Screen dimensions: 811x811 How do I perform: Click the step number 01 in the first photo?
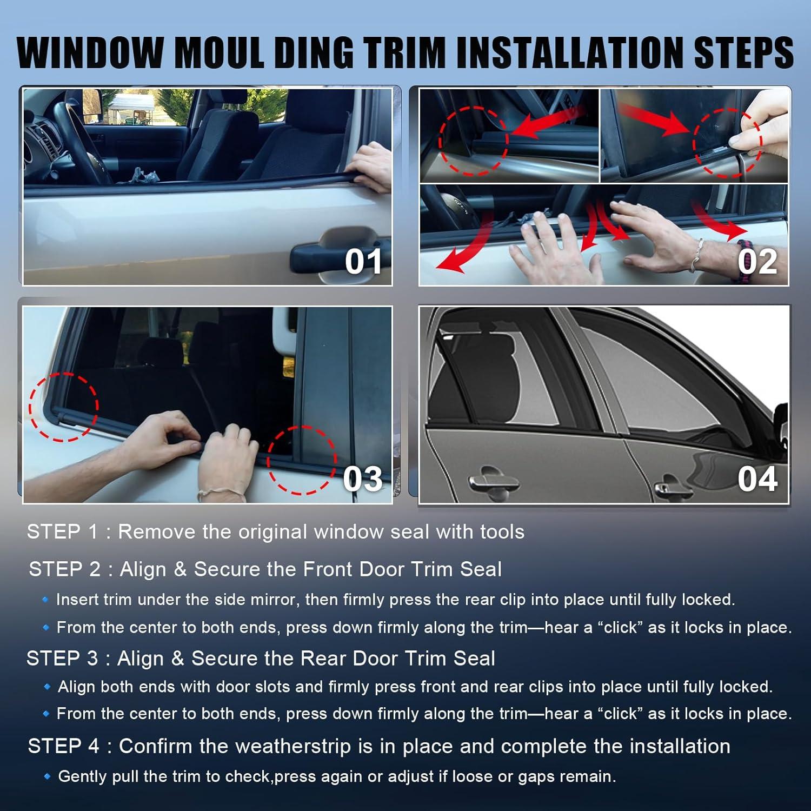tap(363, 262)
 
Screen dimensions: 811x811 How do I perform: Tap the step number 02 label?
tap(757, 262)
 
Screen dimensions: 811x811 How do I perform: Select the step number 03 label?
tap(362, 479)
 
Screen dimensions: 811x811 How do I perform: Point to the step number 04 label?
tap(757, 479)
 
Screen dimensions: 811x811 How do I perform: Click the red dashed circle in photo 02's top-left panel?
tap(473, 141)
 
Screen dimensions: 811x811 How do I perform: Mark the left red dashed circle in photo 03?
tap(64, 407)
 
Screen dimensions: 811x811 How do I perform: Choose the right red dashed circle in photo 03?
tap(301, 460)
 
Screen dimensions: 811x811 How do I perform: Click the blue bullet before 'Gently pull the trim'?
tap(47, 776)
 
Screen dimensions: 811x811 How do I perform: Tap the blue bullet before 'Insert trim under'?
tap(46, 600)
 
